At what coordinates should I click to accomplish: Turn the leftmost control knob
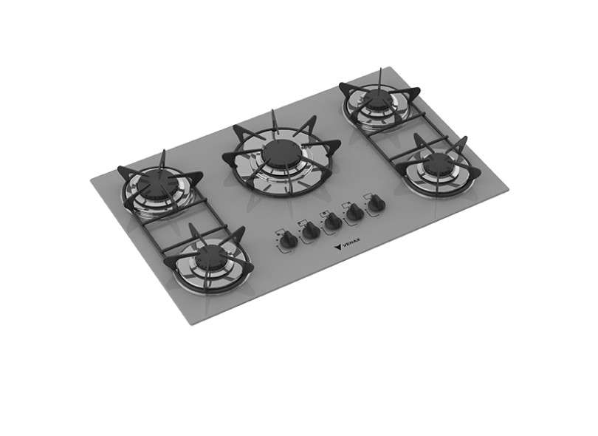click(x=289, y=241)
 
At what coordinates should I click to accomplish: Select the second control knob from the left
click(x=311, y=231)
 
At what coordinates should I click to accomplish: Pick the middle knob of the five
click(x=333, y=221)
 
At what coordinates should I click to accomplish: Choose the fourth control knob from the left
click(x=355, y=212)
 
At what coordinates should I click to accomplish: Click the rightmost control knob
click(x=377, y=203)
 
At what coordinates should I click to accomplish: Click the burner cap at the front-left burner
click(x=212, y=256)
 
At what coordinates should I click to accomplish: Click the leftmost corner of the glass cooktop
click(x=91, y=178)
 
